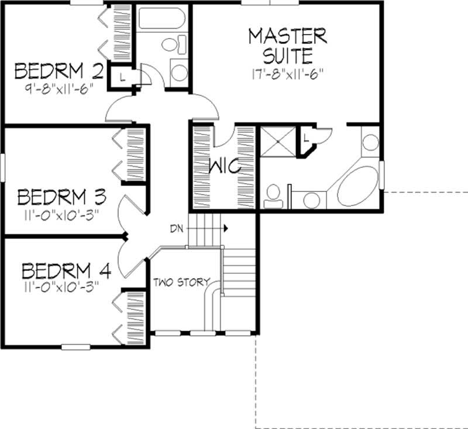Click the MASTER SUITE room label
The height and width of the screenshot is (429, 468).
point(287,46)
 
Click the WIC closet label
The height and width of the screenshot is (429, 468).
point(225,167)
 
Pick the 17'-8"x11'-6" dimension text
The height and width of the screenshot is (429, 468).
point(286,74)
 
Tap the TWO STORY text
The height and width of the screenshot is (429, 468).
point(181,282)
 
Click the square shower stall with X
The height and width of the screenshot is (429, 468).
point(278,141)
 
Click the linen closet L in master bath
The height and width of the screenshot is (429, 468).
point(307,138)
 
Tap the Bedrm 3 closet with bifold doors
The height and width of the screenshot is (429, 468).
point(132,155)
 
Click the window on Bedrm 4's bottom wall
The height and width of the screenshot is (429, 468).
point(75,346)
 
